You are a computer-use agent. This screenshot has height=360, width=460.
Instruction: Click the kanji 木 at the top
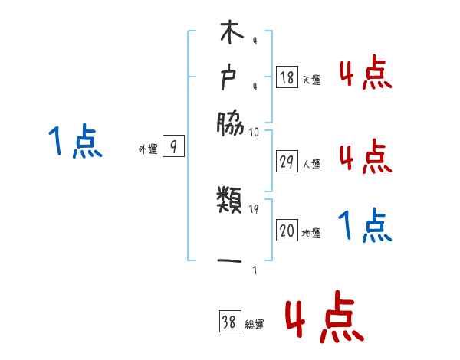tap(230, 36)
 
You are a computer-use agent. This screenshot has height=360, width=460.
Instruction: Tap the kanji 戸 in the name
tap(230, 78)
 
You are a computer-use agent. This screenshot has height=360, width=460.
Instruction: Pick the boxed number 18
tap(287, 77)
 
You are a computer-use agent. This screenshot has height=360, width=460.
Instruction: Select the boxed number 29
tap(287, 161)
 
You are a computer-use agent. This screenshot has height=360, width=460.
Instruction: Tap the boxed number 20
tap(287, 231)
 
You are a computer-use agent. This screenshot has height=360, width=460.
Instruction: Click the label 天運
tap(311, 79)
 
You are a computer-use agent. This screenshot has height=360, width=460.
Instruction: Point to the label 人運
tap(311, 163)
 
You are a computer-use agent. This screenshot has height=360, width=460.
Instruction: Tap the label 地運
tap(311, 233)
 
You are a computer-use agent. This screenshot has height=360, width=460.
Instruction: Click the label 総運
tap(255, 324)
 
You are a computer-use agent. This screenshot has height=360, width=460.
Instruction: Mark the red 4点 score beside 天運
tap(365, 74)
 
